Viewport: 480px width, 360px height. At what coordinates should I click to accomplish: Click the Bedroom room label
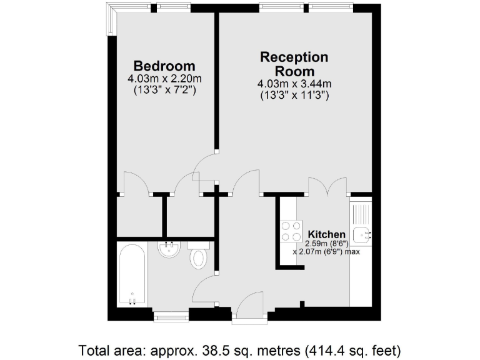click(x=164, y=66)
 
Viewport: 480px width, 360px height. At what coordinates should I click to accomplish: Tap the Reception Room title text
click(x=293, y=64)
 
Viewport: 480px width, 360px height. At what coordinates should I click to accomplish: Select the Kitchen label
click(x=322, y=234)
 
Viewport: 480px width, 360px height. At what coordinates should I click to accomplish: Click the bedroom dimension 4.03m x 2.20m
click(x=164, y=79)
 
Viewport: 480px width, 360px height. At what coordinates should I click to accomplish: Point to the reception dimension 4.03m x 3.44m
click(x=293, y=84)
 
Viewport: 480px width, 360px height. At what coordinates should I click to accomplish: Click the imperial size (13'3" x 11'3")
click(x=293, y=96)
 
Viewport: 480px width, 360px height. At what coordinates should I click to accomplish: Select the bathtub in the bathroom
click(x=132, y=274)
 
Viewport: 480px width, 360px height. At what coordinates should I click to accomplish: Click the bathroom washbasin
click(x=168, y=250)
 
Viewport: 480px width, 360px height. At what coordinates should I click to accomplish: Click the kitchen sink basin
click(x=361, y=236)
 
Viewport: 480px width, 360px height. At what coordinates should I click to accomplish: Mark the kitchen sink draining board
click(x=361, y=213)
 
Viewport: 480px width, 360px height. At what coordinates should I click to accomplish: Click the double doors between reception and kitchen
click(x=327, y=186)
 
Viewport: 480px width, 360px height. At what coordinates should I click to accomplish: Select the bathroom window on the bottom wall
click(x=171, y=317)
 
